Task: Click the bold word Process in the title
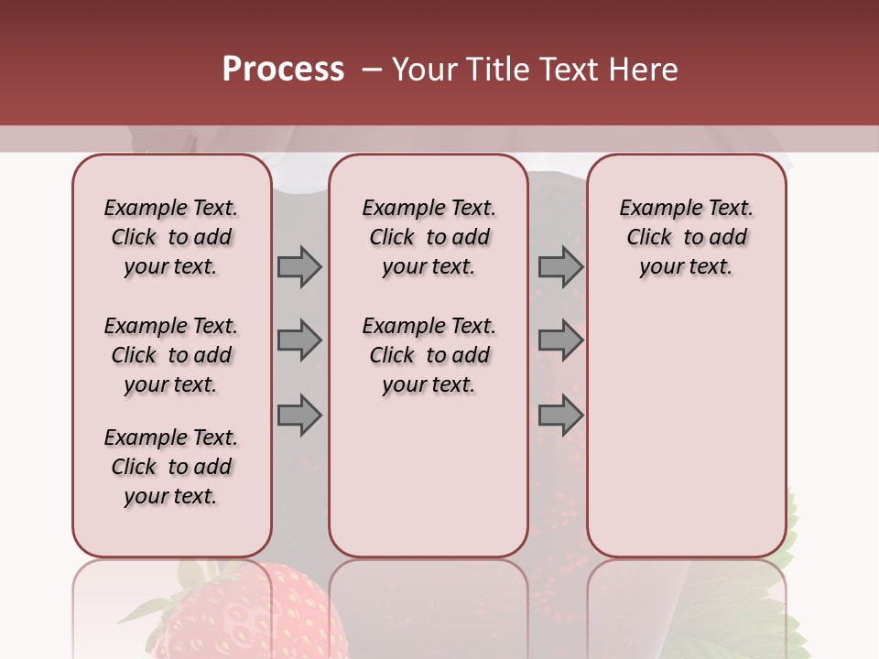pos(283,70)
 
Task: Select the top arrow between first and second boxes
pos(299,267)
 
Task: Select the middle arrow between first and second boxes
pos(299,340)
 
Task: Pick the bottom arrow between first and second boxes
pos(299,415)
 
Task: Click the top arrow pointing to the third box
pos(560,267)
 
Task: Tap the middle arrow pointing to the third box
pos(560,340)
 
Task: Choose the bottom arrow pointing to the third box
pos(560,415)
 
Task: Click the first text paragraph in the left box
pos(171,237)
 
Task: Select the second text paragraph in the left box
pos(171,355)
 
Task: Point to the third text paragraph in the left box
pos(171,467)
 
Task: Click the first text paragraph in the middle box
pos(429,237)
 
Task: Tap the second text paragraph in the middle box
pos(429,355)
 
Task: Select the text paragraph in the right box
pos(686,237)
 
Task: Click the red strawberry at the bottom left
pos(252,618)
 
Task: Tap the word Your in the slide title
pos(426,70)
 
